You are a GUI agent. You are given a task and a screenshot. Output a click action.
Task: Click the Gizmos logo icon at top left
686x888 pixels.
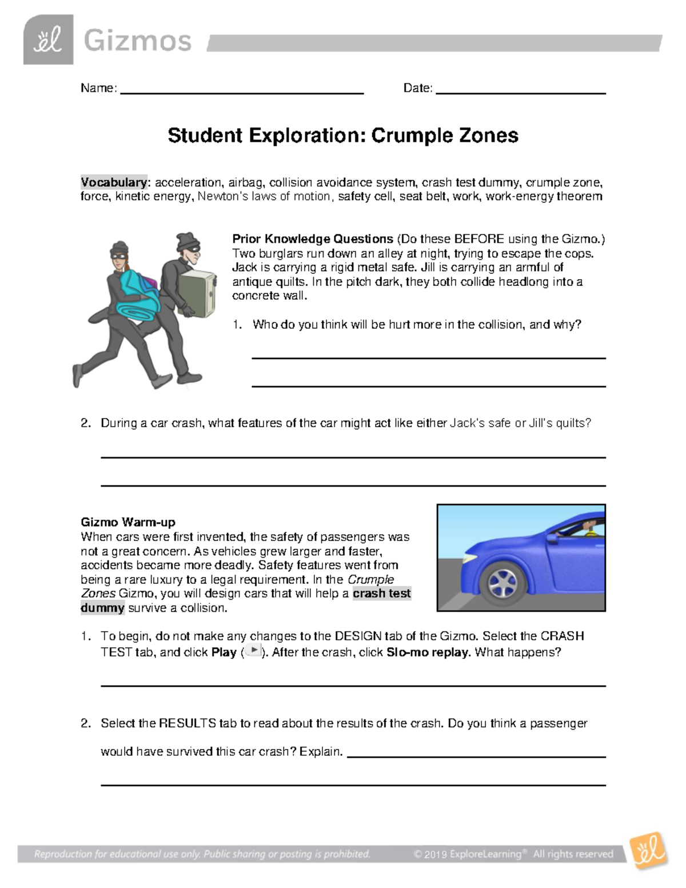(x=48, y=40)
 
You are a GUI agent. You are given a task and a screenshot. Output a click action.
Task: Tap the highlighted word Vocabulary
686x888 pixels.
(x=114, y=182)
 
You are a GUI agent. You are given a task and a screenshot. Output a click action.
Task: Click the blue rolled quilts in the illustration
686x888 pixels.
(x=137, y=298)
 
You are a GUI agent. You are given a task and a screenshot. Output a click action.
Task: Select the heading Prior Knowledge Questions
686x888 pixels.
(x=312, y=239)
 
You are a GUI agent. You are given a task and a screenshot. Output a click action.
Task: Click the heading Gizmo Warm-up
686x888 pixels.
(x=128, y=522)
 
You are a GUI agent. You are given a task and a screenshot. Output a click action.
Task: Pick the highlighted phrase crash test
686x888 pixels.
(x=382, y=594)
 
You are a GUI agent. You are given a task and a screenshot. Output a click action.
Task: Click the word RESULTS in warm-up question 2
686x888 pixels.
(x=187, y=723)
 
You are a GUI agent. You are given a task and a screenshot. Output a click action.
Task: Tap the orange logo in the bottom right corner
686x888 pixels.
(x=648, y=850)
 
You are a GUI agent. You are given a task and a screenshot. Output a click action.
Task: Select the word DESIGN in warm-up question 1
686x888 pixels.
(x=358, y=636)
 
